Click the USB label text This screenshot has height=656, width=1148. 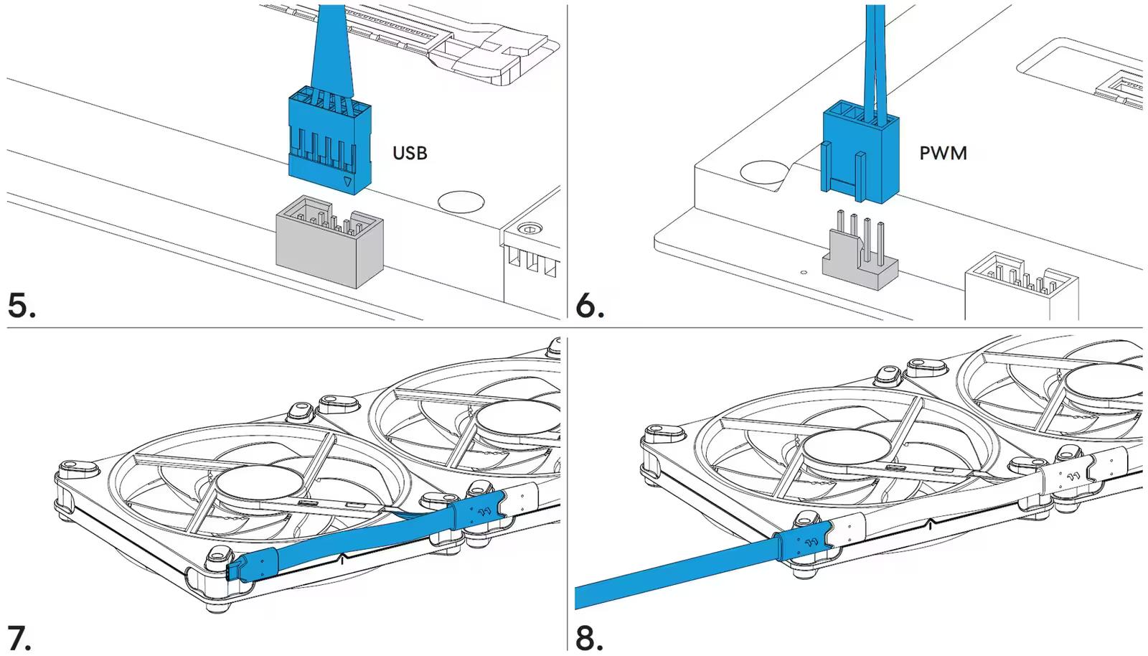tap(410, 153)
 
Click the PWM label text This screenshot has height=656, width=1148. tap(943, 153)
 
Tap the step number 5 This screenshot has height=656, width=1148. tap(22, 305)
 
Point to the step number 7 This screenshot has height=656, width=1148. tap(19, 637)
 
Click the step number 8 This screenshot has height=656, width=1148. tap(589, 637)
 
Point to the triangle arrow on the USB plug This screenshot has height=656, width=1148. tap(348, 182)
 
